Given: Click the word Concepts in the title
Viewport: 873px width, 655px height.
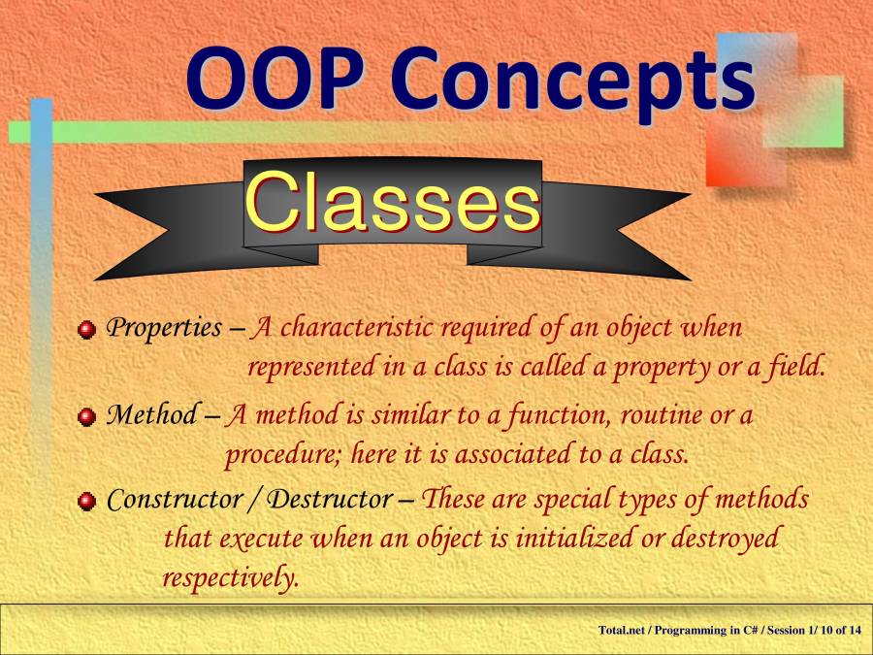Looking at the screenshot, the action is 573,83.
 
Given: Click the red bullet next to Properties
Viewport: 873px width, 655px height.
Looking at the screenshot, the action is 86,330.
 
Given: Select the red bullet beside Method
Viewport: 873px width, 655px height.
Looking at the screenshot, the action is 86,416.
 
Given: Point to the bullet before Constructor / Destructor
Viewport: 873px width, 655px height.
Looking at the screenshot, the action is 86,502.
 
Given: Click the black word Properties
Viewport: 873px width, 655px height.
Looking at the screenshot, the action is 164,328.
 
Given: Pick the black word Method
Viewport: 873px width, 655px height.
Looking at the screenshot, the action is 151,414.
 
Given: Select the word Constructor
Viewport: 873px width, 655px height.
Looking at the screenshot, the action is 175,499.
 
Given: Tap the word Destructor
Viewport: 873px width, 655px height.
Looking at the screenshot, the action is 330,499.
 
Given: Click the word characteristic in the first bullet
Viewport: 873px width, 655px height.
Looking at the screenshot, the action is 356,327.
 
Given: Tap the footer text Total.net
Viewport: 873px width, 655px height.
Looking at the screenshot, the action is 622,630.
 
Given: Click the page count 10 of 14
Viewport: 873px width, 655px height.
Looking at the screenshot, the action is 841,630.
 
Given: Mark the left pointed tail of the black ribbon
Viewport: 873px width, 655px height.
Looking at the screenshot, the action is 96,194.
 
